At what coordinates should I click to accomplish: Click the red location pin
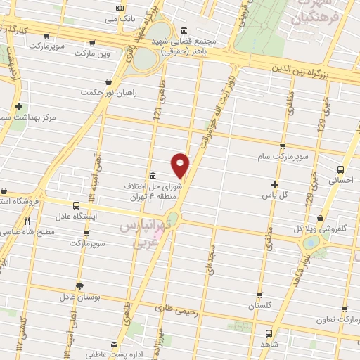(x=181, y=165)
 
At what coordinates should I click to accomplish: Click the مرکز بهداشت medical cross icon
(x=18, y=106)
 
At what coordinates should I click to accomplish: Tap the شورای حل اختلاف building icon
(x=153, y=175)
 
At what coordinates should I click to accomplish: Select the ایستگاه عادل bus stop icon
(x=76, y=205)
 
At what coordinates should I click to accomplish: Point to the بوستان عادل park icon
(x=79, y=286)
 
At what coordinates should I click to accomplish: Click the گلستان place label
(x=258, y=307)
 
